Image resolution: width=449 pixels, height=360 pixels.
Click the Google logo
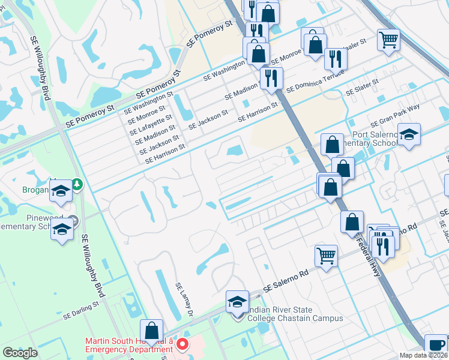coord(20,353)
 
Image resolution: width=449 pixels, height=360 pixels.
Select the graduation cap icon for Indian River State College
coord(237,301)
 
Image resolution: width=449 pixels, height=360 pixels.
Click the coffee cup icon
coord(436,345)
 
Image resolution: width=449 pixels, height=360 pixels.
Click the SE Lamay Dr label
coord(183,300)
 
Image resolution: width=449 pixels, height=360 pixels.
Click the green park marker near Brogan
coord(77,183)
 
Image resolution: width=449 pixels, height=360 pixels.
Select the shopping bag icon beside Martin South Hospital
coord(151,330)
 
